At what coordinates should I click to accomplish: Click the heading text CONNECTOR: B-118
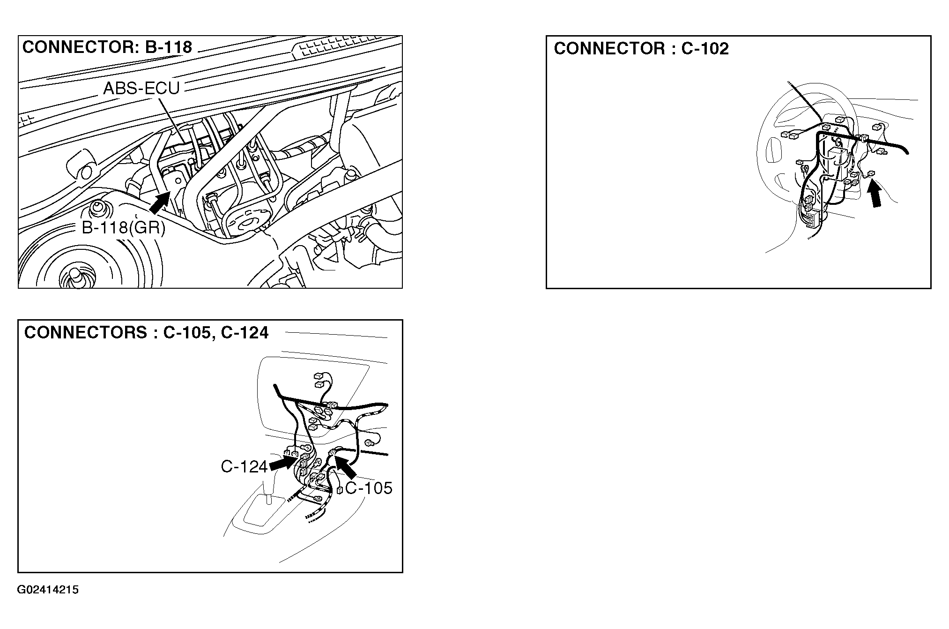(x=107, y=47)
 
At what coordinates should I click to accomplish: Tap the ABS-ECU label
(x=141, y=88)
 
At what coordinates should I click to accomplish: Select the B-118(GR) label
(x=124, y=228)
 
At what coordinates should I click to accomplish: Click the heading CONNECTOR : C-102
(x=641, y=49)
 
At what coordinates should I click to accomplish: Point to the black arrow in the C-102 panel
(x=875, y=201)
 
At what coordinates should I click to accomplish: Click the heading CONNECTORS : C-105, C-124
(x=146, y=332)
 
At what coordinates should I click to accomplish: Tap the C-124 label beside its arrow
(x=244, y=466)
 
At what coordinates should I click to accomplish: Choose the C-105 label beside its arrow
(x=369, y=488)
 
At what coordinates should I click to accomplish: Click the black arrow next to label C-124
(x=282, y=465)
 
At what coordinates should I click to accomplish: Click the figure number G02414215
(x=48, y=590)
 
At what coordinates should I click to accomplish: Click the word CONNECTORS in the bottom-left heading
(x=85, y=332)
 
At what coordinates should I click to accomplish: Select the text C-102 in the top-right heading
(x=705, y=49)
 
